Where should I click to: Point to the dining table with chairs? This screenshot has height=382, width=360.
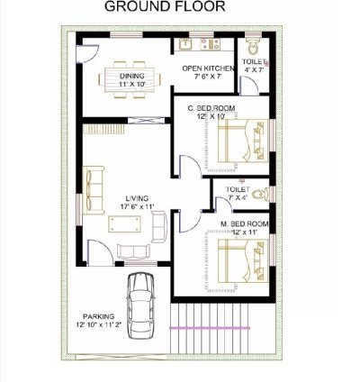tap(132, 73)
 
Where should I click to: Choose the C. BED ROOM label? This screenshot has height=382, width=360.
tap(211, 108)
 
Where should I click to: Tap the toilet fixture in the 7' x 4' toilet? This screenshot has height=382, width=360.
tap(260, 193)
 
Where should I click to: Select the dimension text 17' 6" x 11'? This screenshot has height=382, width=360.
tap(138, 208)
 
